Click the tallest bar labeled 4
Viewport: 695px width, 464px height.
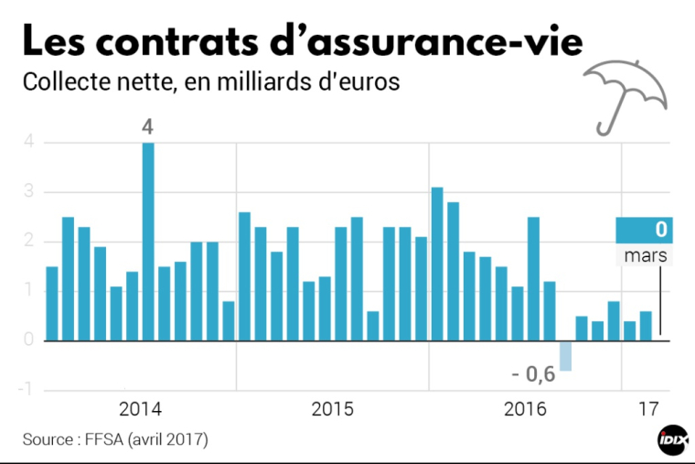148,242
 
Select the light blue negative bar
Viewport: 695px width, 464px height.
565,355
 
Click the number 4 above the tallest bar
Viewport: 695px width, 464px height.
147,127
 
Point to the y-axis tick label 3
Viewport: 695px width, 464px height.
29,192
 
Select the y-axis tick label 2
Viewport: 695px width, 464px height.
29,242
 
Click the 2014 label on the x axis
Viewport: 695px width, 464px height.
140,408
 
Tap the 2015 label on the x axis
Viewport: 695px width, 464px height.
332,408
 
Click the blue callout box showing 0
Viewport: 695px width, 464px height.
644,230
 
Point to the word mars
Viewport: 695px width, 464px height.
645,255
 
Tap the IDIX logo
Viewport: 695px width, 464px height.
672,440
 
